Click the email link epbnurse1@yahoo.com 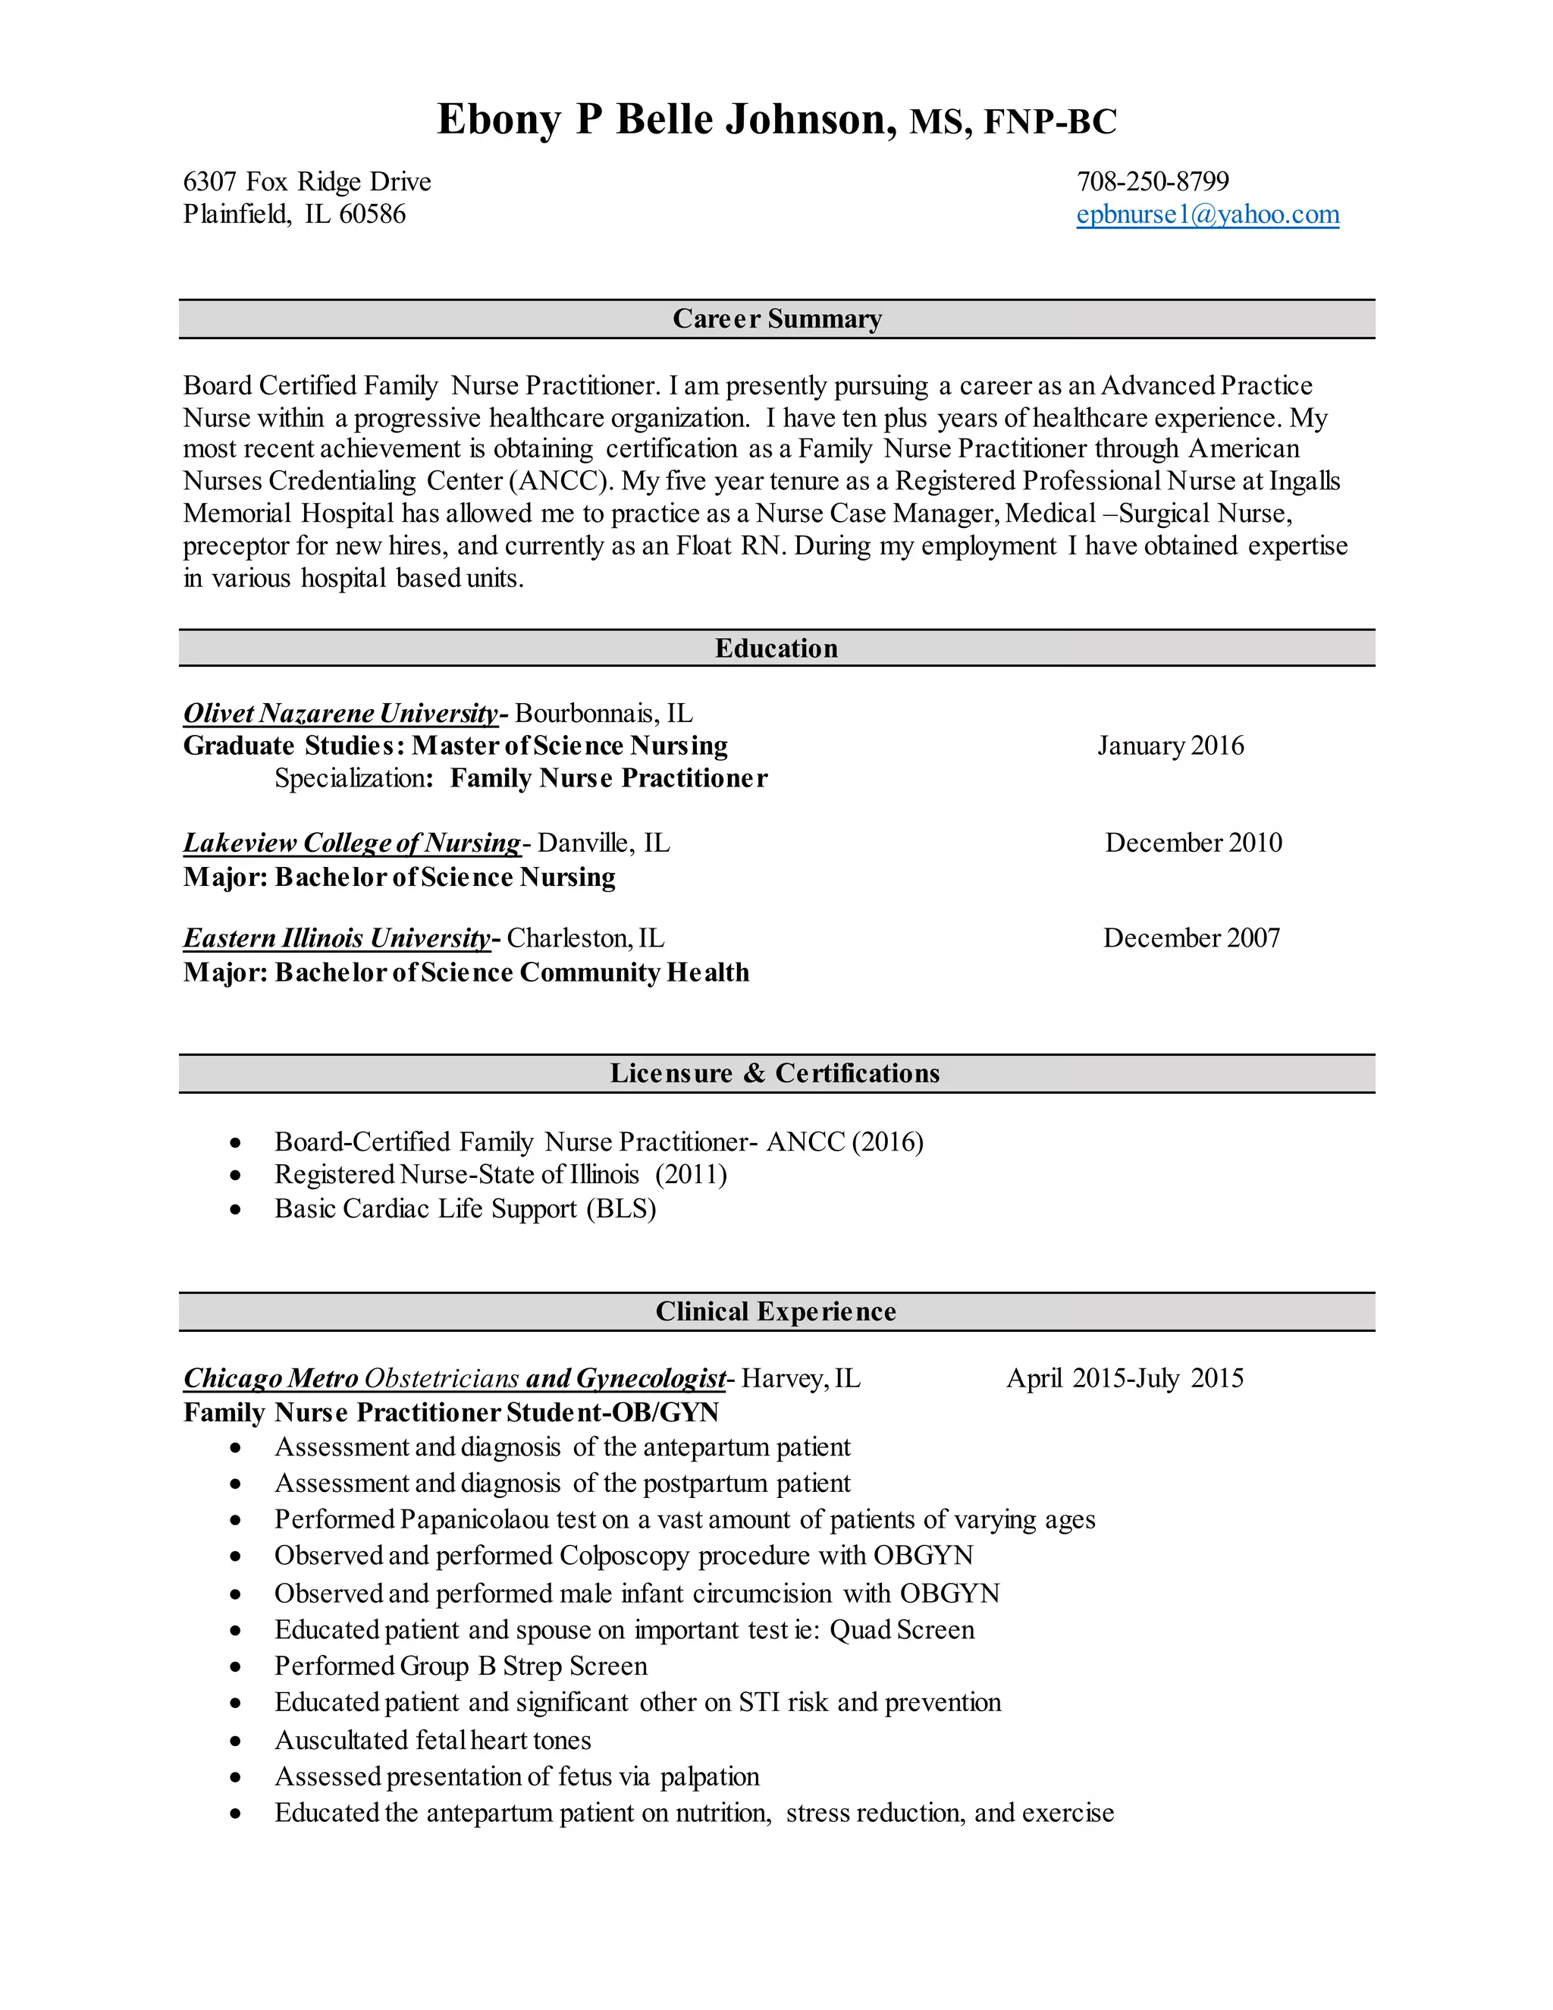tap(1207, 215)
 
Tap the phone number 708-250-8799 tap(1153, 181)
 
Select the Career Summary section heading tap(776, 319)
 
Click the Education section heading tap(776, 648)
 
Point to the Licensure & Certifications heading tap(775, 1073)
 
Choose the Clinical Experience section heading tap(776, 1311)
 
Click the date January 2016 tap(1170, 746)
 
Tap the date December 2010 tap(1194, 842)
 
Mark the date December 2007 tap(1191, 937)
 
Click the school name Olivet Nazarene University tap(340, 713)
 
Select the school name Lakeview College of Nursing tap(351, 842)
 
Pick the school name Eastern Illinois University tap(337, 937)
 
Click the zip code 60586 tap(372, 215)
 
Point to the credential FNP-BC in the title tap(1049, 121)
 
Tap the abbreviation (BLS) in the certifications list tap(621, 1208)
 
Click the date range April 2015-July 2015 tap(1125, 1377)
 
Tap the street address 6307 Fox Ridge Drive tap(307, 181)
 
